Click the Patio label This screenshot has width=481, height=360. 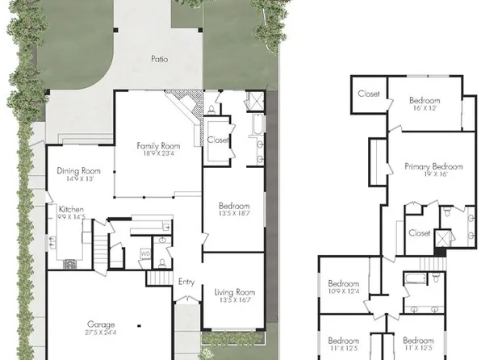[x=160, y=59]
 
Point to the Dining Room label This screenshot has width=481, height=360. [x=78, y=171]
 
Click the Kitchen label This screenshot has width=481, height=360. [x=71, y=209]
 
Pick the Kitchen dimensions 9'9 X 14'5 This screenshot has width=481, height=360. [x=71, y=217]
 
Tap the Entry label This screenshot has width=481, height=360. [x=186, y=282]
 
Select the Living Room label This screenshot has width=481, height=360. [x=235, y=291]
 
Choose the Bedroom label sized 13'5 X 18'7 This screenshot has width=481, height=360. [x=235, y=205]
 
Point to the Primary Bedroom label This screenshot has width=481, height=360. [x=433, y=166]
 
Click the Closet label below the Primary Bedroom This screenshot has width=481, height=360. [x=419, y=232]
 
